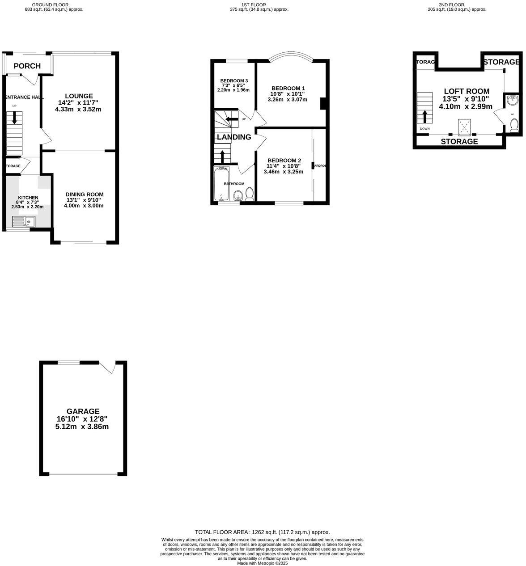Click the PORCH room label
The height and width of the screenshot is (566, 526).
coord(27,66)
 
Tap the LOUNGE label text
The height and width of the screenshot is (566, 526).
coord(79,96)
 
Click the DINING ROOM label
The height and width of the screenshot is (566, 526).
coord(85,194)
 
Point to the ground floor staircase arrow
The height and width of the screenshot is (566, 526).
coord(14,118)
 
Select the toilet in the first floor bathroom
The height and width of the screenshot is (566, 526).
coord(250,194)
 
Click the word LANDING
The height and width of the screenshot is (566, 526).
coord(234,137)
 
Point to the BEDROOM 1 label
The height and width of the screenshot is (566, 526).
coord(288,88)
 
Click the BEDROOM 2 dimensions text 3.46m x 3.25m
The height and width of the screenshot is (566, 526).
coord(284,171)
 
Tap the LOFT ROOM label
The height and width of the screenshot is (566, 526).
coord(466,91)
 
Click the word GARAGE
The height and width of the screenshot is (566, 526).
coord(83,411)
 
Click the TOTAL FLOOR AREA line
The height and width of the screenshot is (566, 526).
coord(263,532)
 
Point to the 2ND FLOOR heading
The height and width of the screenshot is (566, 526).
coord(454,4)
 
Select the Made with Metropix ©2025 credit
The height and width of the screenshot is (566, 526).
coord(263,563)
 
